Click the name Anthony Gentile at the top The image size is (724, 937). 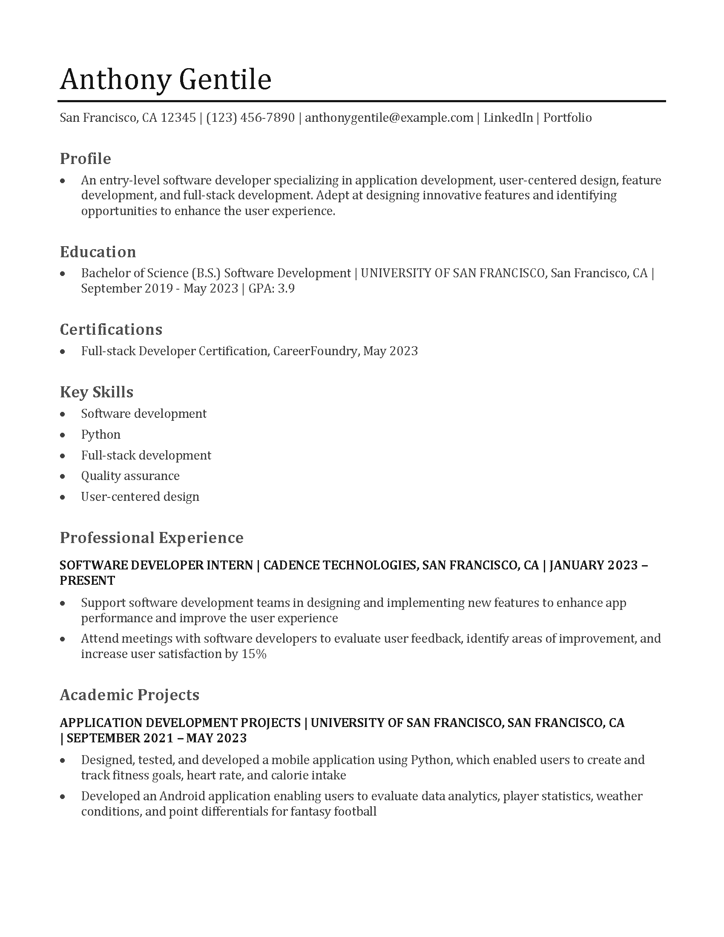(166, 79)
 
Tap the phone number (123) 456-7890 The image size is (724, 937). (250, 118)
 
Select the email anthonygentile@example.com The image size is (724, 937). (389, 118)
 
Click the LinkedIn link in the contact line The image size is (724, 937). (508, 118)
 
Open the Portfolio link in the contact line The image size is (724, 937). (567, 118)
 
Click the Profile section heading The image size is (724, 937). (85, 159)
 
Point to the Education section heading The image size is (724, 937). (98, 252)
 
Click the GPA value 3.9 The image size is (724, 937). (286, 288)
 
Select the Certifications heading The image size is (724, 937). (111, 330)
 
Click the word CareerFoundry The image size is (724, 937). (315, 351)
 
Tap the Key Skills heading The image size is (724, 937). (97, 392)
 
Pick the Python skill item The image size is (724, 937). (101, 434)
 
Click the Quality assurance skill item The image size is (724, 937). (130, 476)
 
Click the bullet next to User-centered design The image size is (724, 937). (63, 497)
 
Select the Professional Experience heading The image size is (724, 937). (152, 537)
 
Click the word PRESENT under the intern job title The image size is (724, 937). (87, 581)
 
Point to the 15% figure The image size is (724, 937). (254, 654)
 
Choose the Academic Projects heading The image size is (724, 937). (129, 695)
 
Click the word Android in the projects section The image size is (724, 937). (182, 796)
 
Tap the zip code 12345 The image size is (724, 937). (178, 118)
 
